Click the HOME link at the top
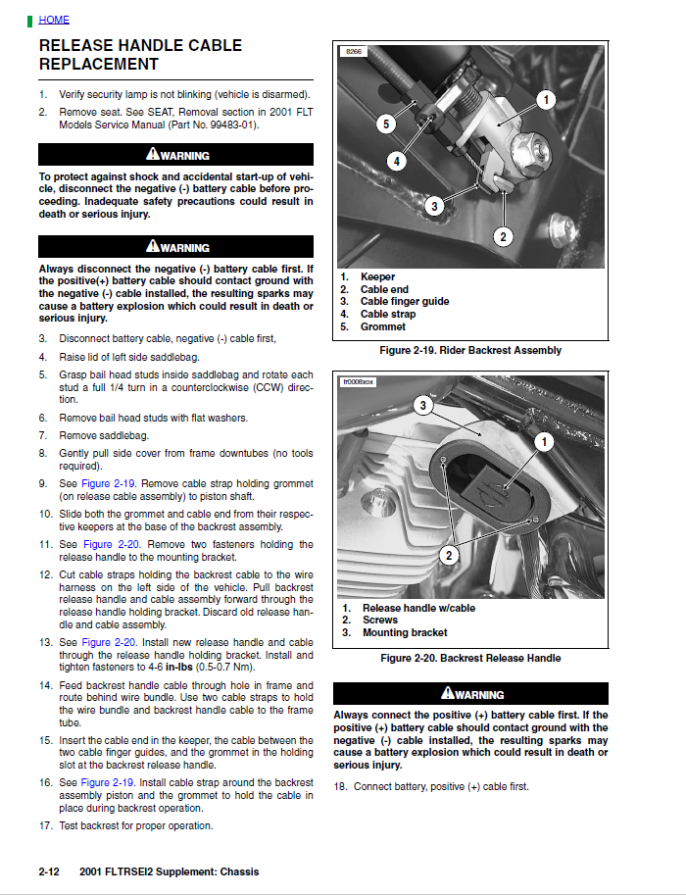click(54, 20)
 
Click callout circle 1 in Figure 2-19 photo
click(546, 99)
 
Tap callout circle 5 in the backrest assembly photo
click(386, 124)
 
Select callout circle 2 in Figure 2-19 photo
click(503, 236)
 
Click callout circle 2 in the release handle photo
click(448, 556)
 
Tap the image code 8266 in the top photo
click(353, 51)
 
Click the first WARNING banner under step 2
click(176, 155)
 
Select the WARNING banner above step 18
click(470, 694)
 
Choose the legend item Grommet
click(382, 326)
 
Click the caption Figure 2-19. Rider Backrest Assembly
click(470, 350)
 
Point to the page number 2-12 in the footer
click(50, 871)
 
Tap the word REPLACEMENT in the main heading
click(98, 65)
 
